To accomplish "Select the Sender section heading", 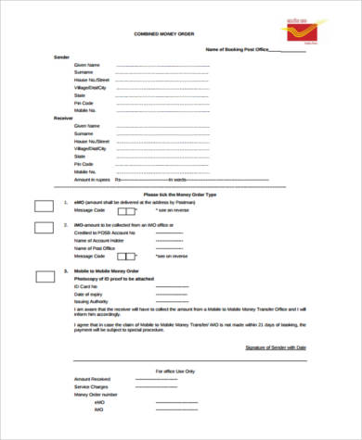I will pyautogui.click(x=62, y=57).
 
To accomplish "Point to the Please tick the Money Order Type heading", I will pyautogui.click(x=179, y=194).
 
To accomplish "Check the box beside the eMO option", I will pyautogui.click(x=44, y=204).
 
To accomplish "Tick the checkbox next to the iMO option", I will pyautogui.click(x=44, y=229).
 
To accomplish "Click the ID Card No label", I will pyautogui.click(x=86, y=288).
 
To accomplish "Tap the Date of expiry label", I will pyautogui.click(x=88, y=295).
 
